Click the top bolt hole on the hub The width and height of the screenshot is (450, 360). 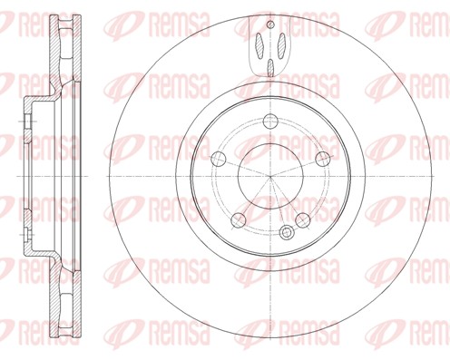270,122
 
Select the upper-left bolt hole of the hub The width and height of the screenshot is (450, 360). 217,160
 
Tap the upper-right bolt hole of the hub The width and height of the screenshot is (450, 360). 323,160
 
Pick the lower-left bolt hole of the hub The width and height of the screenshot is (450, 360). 238,219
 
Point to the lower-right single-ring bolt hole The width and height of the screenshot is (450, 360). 303,219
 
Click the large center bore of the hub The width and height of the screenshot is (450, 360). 270,177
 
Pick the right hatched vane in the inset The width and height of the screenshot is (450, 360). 279,43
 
